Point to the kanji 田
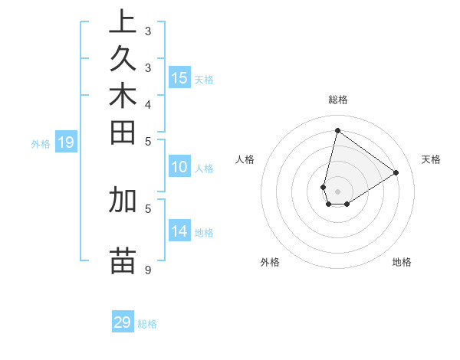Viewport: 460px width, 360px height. tap(123, 133)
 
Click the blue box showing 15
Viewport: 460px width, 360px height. tap(179, 77)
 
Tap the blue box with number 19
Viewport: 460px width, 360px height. tap(66, 142)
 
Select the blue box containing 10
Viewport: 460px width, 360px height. tap(179, 168)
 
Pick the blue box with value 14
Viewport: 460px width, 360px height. tap(179, 231)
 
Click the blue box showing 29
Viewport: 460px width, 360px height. tap(123, 322)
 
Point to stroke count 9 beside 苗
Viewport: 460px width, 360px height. tap(147, 270)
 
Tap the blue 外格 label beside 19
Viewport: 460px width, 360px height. tap(41, 143)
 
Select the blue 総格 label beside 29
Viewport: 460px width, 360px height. tap(147, 324)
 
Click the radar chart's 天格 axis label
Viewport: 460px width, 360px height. tap(431, 159)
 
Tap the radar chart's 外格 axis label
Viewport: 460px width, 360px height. tap(270, 262)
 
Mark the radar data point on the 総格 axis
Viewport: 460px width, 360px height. tap(337, 131)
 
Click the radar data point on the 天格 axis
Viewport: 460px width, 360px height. tap(396, 172)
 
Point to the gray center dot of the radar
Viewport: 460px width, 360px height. tap(337, 191)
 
